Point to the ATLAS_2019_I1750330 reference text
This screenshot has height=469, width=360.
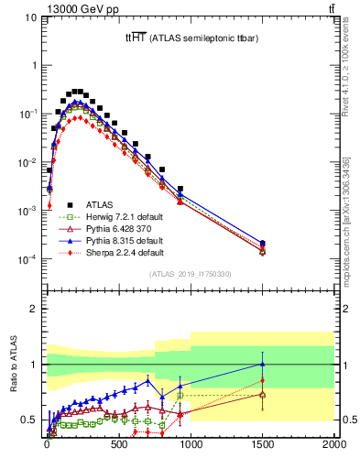coord(190,274)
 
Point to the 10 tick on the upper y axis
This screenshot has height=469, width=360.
coord(31,17)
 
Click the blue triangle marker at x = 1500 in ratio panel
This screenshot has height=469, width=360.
coord(263,364)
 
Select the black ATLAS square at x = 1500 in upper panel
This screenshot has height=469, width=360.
coord(263,243)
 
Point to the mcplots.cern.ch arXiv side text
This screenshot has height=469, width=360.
coord(353,220)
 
